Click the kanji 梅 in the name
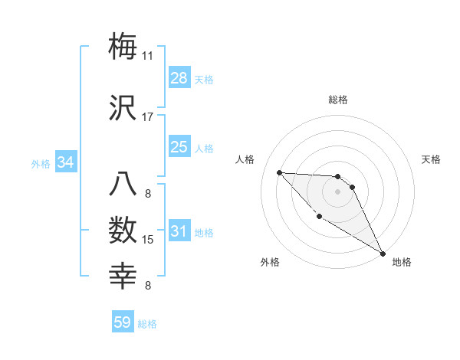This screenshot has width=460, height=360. click(123, 46)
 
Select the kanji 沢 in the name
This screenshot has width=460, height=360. click(123, 108)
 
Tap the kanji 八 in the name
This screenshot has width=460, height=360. click(123, 185)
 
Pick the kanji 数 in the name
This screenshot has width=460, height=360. click(123, 231)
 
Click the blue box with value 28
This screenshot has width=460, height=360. click(179, 78)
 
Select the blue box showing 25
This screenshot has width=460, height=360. click(179, 147)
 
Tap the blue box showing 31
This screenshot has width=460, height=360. click(179, 231)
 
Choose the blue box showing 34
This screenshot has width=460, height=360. click(66, 162)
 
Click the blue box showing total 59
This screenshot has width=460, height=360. click(123, 322)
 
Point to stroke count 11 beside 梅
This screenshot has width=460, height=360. click(148, 56)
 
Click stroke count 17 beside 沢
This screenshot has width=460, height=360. click(148, 117)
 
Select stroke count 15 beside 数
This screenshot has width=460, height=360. click(148, 240)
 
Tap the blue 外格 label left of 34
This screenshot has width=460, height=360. click(41, 163)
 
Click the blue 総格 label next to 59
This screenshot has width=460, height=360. click(147, 323)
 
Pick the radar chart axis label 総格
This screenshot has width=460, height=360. click(338, 100)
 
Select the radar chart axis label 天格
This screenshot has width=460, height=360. click(431, 159)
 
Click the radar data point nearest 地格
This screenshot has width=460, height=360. click(383, 254)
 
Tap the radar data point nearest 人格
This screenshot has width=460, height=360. click(279, 172)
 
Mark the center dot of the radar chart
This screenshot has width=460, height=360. click(338, 191)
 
